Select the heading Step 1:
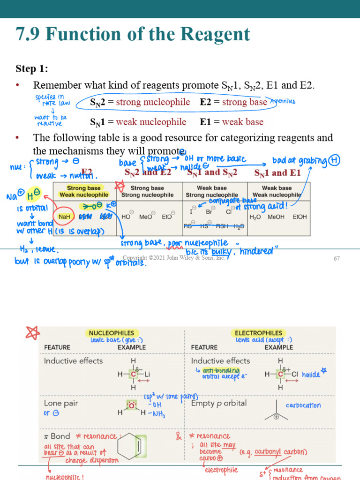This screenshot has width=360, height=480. pos(31,69)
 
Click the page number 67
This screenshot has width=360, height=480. pos(336,259)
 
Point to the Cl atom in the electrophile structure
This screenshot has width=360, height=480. pos(294,375)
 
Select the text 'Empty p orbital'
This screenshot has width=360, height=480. pos(218,403)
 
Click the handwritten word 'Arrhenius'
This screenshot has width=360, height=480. pos(283,101)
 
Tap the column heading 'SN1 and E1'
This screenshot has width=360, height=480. pos(277,172)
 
